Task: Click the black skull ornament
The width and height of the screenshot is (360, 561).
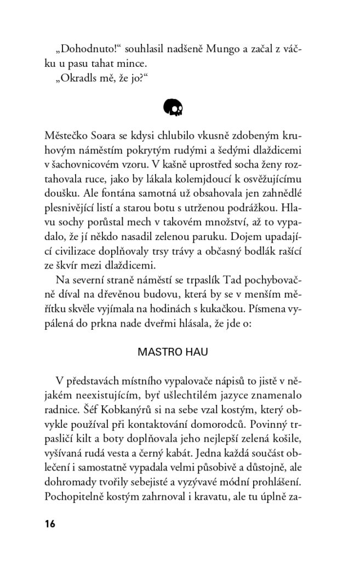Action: (173, 107)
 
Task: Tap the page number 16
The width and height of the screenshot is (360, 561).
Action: (50, 523)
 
